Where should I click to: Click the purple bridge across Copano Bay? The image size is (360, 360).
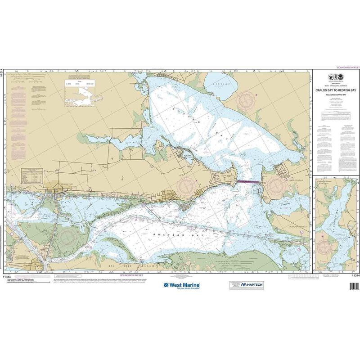tap(249, 181)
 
